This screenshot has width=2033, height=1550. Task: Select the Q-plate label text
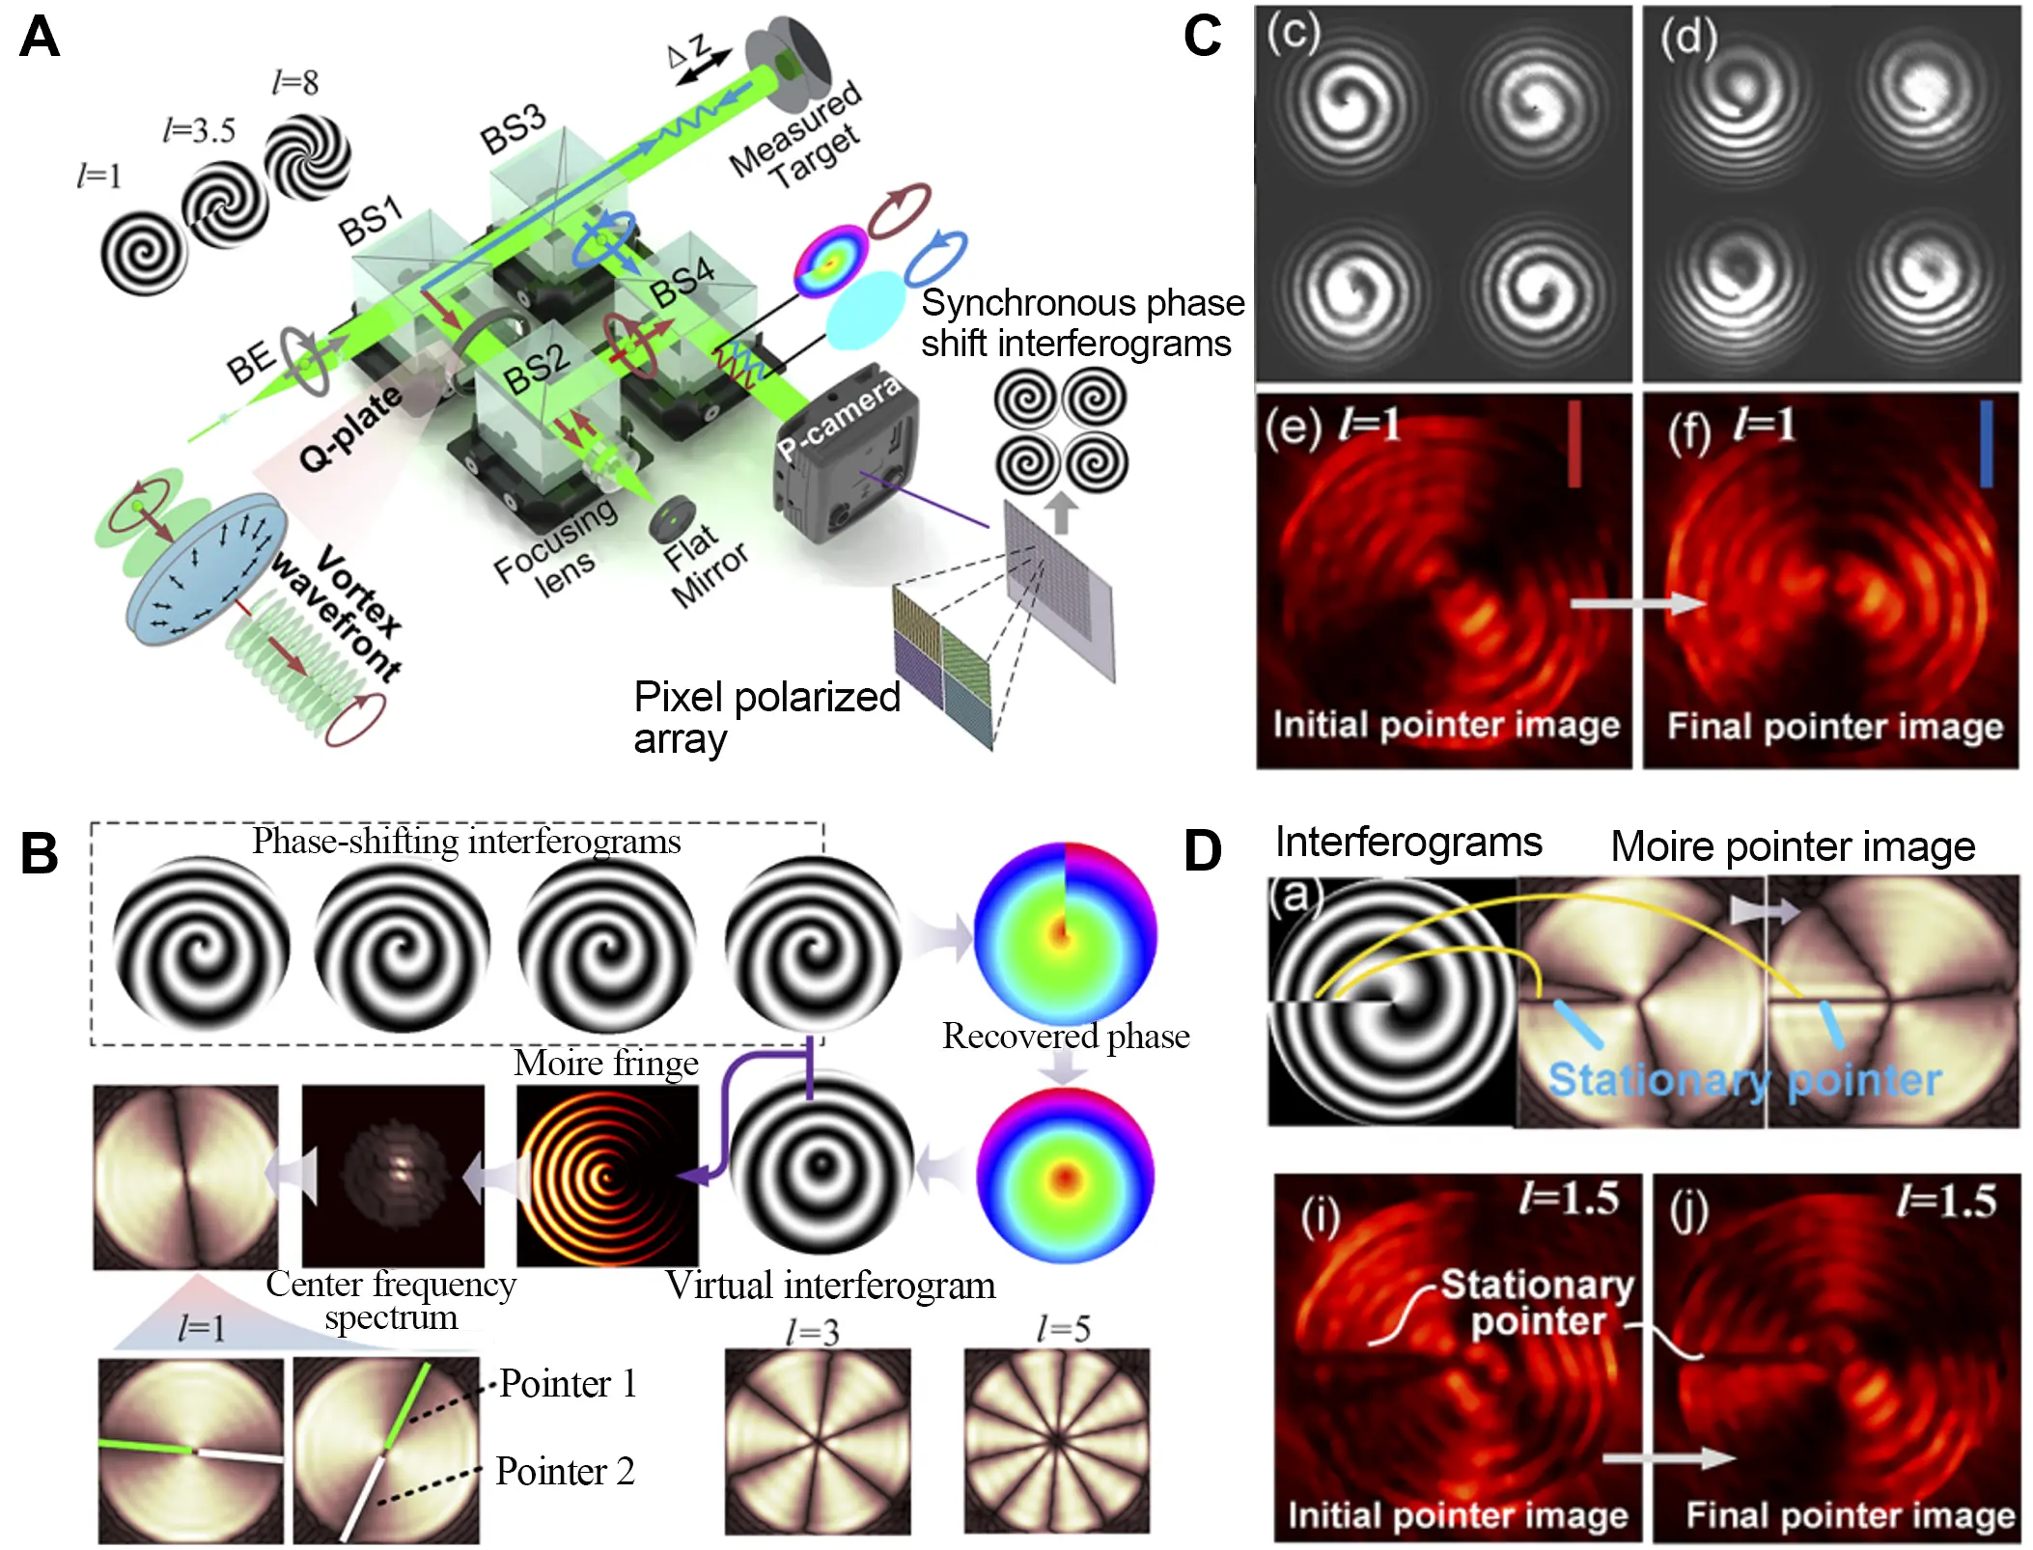point(349,429)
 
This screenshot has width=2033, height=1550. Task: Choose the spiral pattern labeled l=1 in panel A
point(144,253)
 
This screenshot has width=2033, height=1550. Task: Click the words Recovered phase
point(1066,1036)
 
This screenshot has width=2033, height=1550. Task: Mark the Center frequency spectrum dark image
point(393,1176)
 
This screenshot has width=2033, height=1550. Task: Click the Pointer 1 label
point(568,1384)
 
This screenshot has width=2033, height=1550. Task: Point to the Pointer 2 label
point(565,1472)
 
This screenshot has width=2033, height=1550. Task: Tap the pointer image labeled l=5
point(1057,1441)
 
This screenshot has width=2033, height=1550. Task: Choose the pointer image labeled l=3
point(818,1441)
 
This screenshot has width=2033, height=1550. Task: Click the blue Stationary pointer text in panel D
point(1744,1080)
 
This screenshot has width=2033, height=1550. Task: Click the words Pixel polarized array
point(766,717)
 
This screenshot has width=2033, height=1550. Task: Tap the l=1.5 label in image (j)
point(1946,1201)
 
